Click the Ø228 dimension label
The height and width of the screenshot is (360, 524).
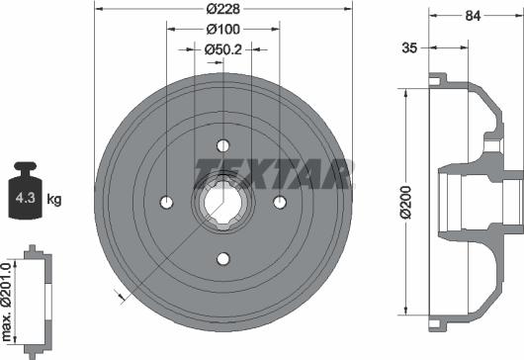click(x=222, y=9)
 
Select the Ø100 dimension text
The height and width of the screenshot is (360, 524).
click(x=222, y=30)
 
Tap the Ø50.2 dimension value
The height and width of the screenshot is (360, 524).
click(x=222, y=49)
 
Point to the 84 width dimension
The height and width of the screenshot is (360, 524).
click(x=473, y=16)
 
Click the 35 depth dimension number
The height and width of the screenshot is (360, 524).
click(x=409, y=47)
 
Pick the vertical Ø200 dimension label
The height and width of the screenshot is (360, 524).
click(x=406, y=202)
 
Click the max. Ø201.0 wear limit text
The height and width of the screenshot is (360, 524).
click(x=7, y=302)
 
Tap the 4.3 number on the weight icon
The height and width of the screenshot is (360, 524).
click(x=25, y=198)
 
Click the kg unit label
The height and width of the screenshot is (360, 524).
click(x=54, y=200)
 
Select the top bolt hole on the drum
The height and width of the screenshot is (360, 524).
click(x=222, y=145)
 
